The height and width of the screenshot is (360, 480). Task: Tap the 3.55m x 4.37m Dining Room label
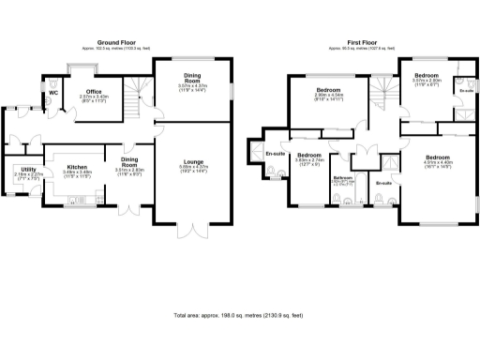pos(192,80)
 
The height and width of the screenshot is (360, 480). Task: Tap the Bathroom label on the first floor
pos(342,177)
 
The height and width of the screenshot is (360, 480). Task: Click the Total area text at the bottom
pos(239,316)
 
